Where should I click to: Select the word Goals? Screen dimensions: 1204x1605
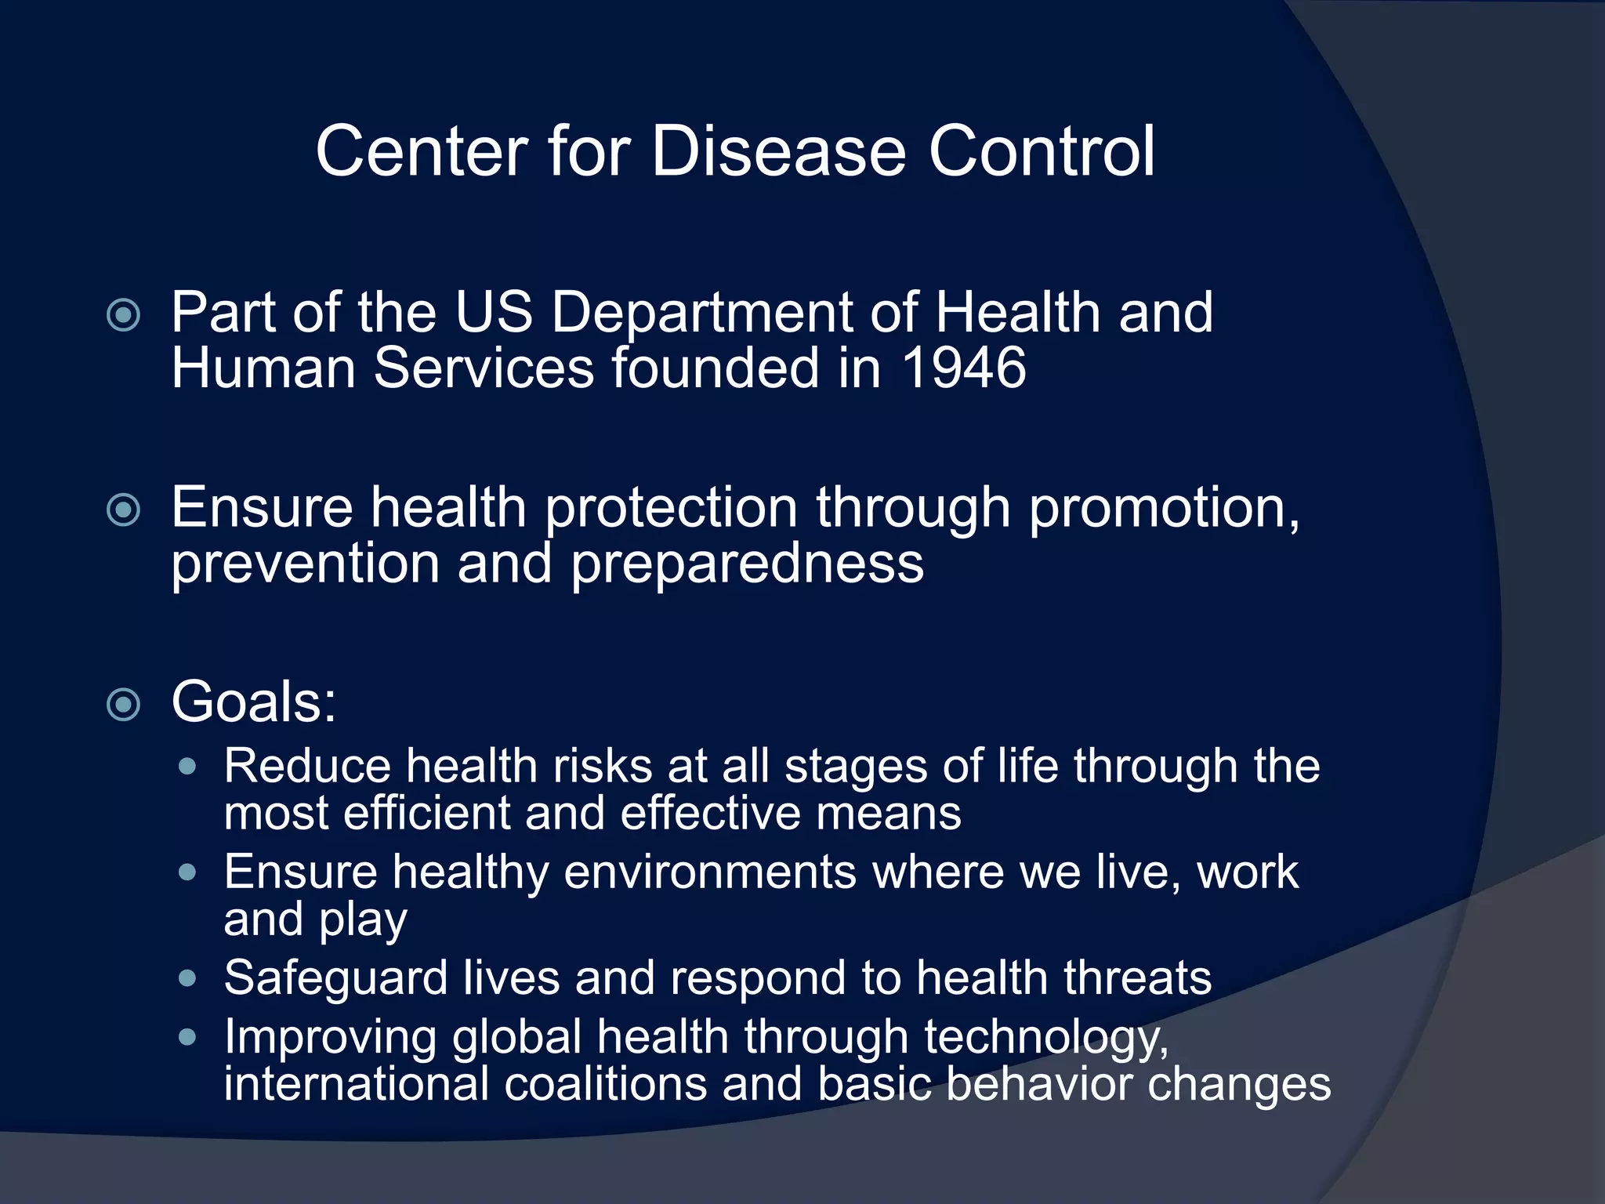[254, 702]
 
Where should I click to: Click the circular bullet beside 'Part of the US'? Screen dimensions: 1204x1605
[124, 316]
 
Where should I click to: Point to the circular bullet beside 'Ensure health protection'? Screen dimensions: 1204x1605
[124, 511]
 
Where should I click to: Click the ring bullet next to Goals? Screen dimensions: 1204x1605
[124, 705]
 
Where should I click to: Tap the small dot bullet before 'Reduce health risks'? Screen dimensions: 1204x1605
[187, 766]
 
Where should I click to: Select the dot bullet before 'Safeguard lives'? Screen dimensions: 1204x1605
[187, 978]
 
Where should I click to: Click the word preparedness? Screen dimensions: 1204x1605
[747, 564]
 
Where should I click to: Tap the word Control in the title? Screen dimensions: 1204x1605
[1042, 150]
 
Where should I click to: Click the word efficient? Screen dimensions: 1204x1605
[427, 813]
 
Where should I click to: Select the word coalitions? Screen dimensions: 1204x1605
[605, 1084]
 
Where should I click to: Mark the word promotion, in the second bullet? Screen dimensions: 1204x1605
[1165, 508]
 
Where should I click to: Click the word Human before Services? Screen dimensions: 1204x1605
[263, 368]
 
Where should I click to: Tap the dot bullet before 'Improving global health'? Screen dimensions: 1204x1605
[187, 1038]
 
